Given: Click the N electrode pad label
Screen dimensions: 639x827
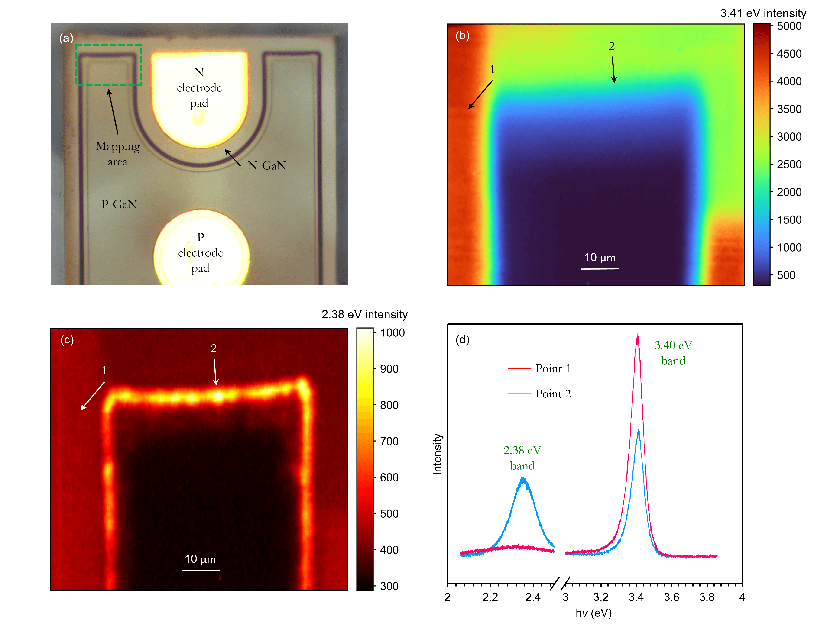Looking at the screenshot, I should coord(199,88).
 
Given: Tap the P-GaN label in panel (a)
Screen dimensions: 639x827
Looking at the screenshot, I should coord(119,204).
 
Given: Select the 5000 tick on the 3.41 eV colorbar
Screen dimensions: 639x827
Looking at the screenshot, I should coord(789,26).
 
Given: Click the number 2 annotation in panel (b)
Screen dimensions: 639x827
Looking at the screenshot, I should coord(612,46).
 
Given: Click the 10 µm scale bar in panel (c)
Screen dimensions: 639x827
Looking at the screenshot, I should coord(200,570).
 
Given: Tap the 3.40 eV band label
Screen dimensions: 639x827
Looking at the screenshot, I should coord(673,353).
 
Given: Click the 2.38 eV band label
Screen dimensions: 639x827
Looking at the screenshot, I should coord(522,458).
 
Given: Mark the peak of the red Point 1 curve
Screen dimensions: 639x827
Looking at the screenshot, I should coord(638,335).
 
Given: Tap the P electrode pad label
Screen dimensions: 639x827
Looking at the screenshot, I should coord(200,252).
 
